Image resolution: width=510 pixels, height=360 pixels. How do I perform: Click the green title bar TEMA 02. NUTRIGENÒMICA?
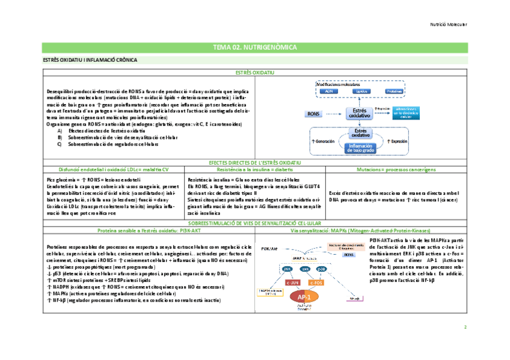point(254,47)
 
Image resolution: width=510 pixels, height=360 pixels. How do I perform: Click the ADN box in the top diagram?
point(328,91)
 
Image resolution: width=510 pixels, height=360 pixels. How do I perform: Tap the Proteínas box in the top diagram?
point(393,91)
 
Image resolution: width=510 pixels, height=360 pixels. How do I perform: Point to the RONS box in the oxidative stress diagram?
point(314,113)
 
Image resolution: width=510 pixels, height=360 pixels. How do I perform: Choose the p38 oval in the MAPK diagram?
point(322,269)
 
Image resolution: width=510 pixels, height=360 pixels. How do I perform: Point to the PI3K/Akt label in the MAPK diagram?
point(269,248)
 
